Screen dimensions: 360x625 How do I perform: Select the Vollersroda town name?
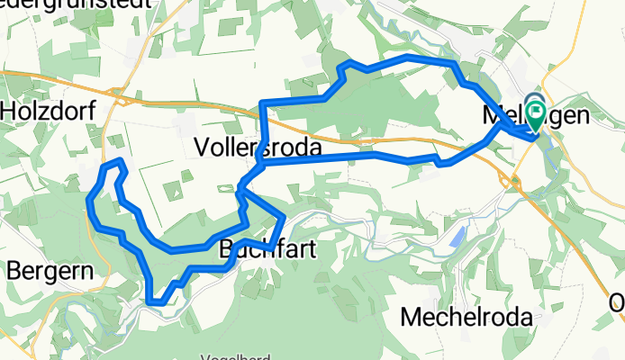pos(258,147)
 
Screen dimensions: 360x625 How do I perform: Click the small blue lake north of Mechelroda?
pos(458,238)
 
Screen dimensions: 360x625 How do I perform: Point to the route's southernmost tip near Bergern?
pos(157,301)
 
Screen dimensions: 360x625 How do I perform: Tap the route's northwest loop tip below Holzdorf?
pos(112,164)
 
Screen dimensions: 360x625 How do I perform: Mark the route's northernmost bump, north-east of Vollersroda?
pos(347,63)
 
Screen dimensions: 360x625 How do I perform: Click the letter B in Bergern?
pos(14,269)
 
